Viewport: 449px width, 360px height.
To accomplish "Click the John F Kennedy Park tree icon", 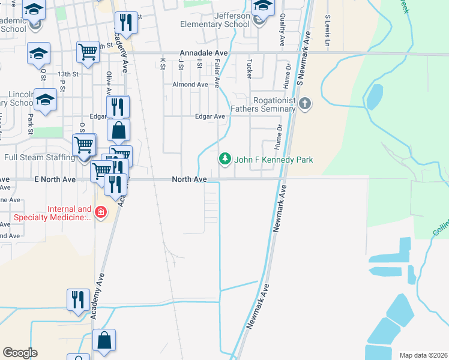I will pyautogui.click(x=225, y=160).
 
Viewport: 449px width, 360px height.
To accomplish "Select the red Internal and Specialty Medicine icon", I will pyautogui.click(x=100, y=213).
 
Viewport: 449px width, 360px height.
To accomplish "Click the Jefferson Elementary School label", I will pyautogui.click(x=215, y=20).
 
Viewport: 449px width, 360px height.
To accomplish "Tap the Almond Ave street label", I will pyautogui.click(x=190, y=85).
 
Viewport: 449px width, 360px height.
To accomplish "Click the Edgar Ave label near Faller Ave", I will pyautogui.click(x=209, y=116).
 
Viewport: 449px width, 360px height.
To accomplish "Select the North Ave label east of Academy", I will pyautogui.click(x=189, y=179).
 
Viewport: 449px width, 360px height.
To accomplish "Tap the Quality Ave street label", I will pyautogui.click(x=282, y=30).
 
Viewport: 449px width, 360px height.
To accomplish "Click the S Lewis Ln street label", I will pyautogui.click(x=328, y=31).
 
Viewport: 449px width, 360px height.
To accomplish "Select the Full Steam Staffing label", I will pyautogui.click(x=40, y=158).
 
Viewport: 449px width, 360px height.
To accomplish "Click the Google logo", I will pyautogui.click(x=20, y=353).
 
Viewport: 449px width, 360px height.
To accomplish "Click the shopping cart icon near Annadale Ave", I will pyautogui.click(x=88, y=52).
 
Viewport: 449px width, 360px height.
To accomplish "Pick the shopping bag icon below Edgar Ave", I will pyautogui.click(x=119, y=129).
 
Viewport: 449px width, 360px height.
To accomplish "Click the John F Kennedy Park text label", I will pyautogui.click(x=274, y=160).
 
